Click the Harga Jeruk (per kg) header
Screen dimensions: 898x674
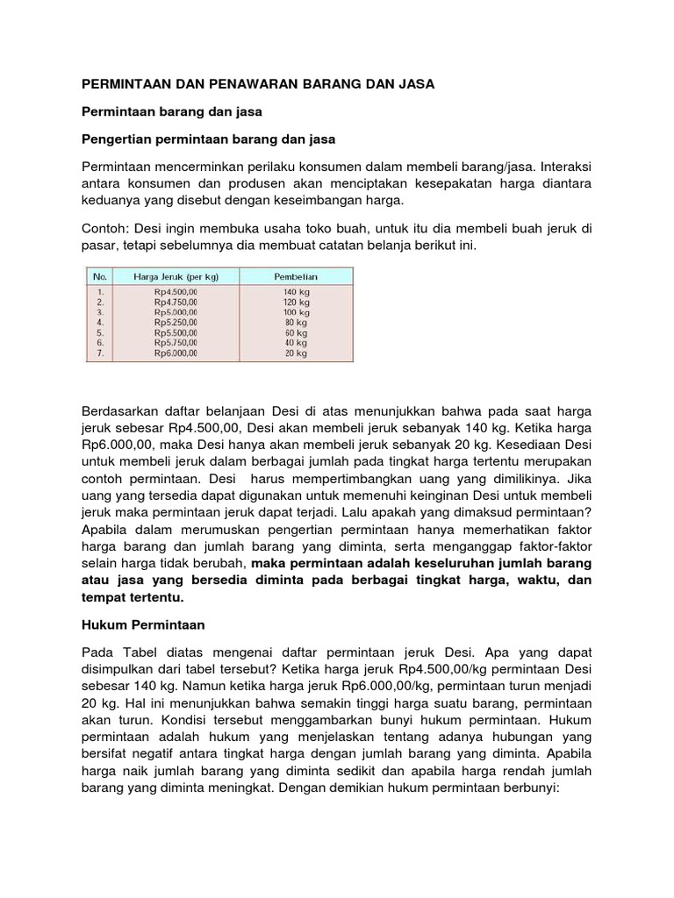click(175, 276)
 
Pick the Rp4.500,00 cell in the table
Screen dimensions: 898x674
click(176, 290)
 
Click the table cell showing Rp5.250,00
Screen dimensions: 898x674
click(176, 322)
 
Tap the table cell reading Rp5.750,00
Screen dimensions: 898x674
click(176, 343)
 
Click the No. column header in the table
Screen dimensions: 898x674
click(101, 276)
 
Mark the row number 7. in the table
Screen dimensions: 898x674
click(101, 353)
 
